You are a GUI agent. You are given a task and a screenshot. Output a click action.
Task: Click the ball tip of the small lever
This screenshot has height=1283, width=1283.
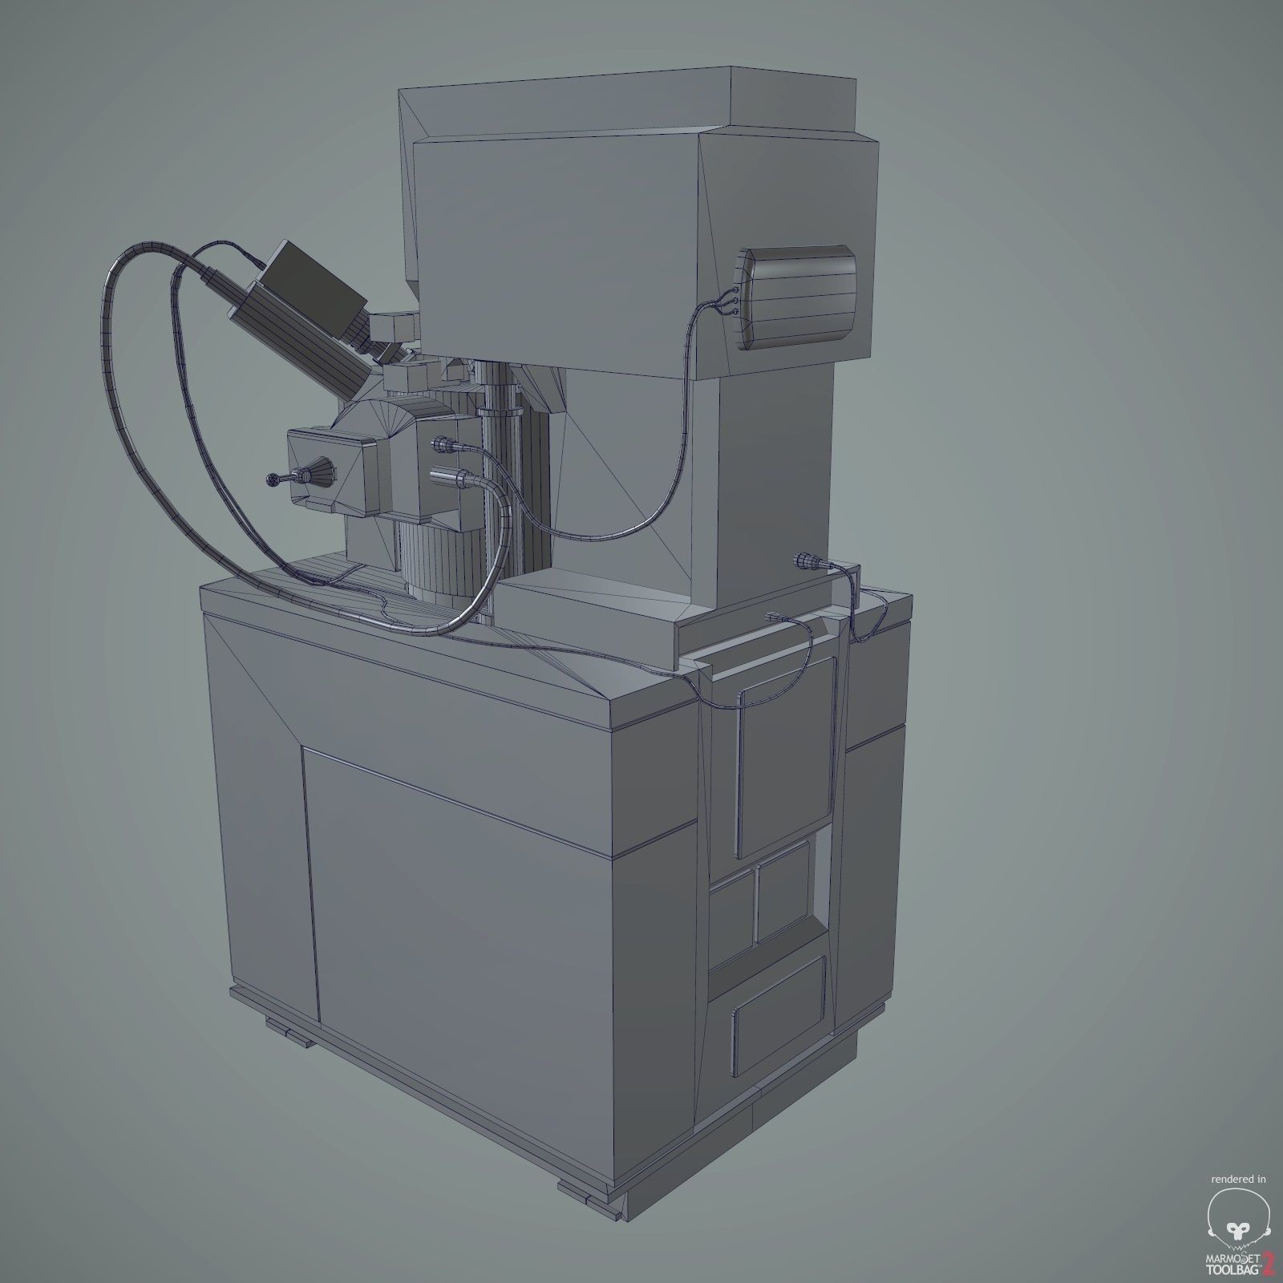point(269,480)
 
